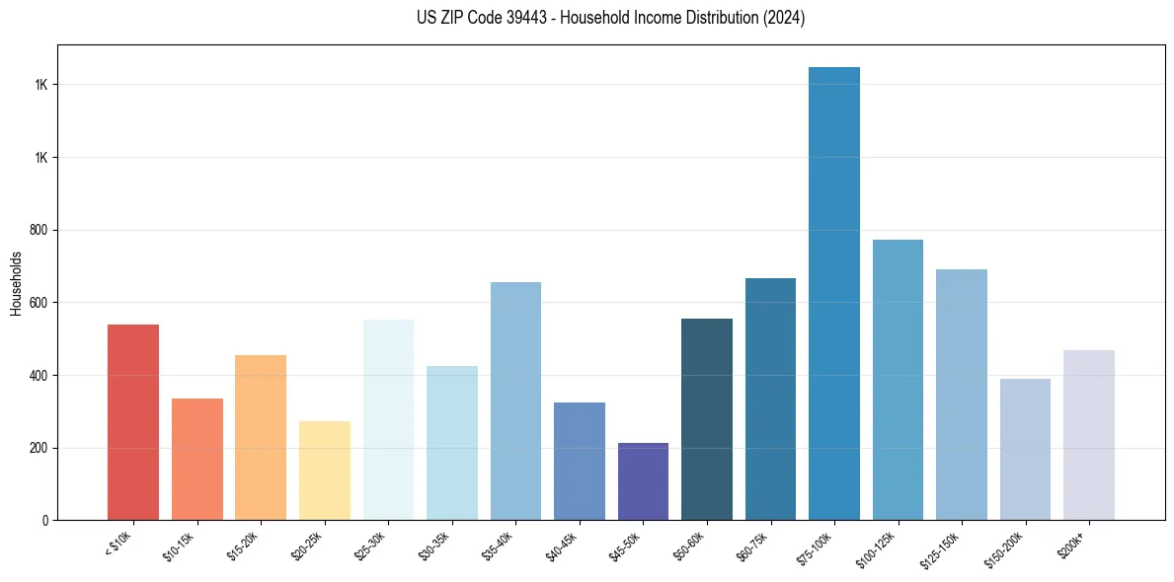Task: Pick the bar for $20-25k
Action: point(325,471)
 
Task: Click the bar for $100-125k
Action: point(898,380)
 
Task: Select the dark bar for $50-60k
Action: point(707,419)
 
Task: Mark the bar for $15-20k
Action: point(261,437)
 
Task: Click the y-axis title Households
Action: point(16,283)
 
